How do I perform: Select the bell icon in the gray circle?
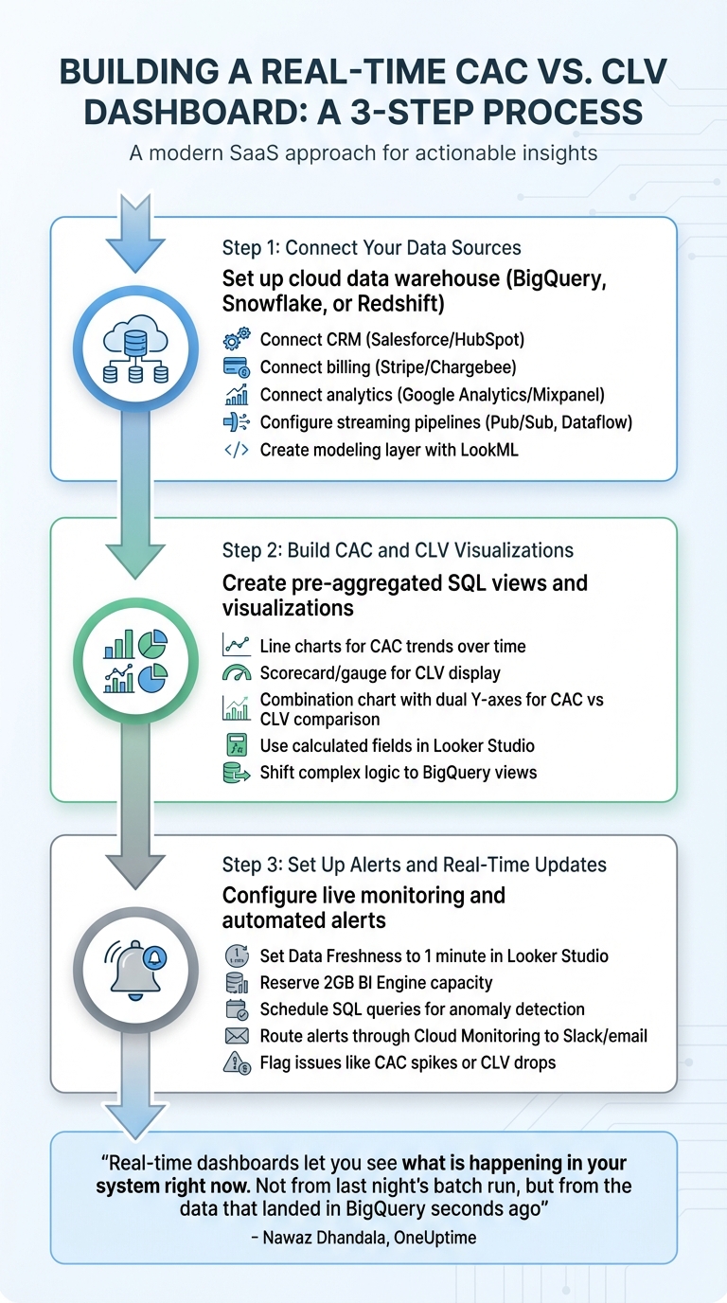click(x=134, y=969)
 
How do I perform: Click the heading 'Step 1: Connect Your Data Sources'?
click(x=371, y=248)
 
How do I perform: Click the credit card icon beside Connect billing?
click(x=235, y=367)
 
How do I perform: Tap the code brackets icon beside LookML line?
click(x=235, y=451)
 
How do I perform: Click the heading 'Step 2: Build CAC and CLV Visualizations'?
click(x=398, y=550)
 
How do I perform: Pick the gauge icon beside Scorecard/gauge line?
click(x=235, y=673)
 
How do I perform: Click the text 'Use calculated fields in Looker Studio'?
click(x=398, y=745)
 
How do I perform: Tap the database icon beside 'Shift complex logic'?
click(x=235, y=773)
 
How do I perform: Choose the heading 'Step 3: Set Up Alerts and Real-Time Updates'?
click(x=415, y=865)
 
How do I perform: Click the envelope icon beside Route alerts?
click(x=235, y=1036)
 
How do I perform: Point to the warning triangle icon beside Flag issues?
click(x=235, y=1062)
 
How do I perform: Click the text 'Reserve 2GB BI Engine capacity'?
click(x=376, y=983)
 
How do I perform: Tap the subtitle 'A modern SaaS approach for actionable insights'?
click(x=363, y=153)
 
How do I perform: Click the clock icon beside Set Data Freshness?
click(x=235, y=955)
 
